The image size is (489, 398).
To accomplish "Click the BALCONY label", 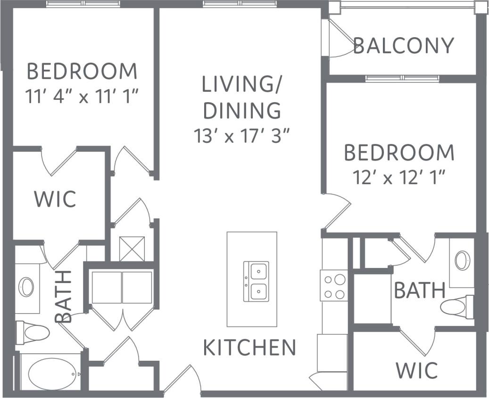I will [x=403, y=46].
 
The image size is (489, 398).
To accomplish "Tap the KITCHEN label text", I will [x=249, y=348].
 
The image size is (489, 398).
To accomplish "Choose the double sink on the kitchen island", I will [x=256, y=281].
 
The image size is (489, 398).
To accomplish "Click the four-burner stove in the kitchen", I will [x=334, y=285].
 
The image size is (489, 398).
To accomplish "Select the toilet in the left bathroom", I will [x=33, y=333].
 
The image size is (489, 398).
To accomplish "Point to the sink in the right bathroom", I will [x=462, y=260].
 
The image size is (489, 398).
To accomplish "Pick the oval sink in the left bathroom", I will [x=26, y=286].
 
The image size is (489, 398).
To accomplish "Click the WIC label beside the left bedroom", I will [x=55, y=199].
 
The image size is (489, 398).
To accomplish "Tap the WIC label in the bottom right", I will [x=416, y=371].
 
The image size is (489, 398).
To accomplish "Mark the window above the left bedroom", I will [x=83, y=4].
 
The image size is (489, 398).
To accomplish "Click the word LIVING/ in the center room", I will [x=242, y=85].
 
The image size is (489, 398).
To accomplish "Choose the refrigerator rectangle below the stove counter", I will [x=332, y=353].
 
